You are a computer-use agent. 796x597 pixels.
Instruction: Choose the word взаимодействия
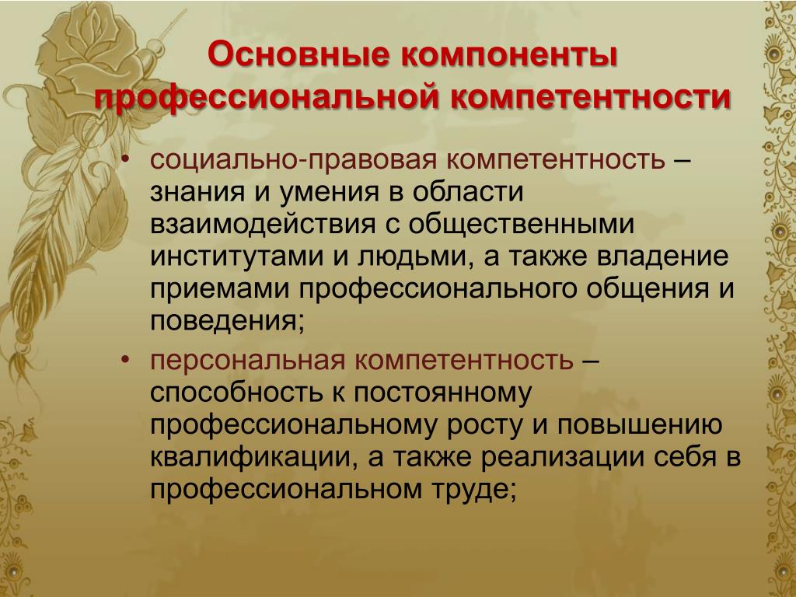[263, 225]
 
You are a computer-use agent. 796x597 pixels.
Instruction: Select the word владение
[662, 257]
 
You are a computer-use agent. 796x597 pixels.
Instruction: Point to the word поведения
[227, 322]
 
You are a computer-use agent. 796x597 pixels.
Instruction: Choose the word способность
[236, 392]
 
